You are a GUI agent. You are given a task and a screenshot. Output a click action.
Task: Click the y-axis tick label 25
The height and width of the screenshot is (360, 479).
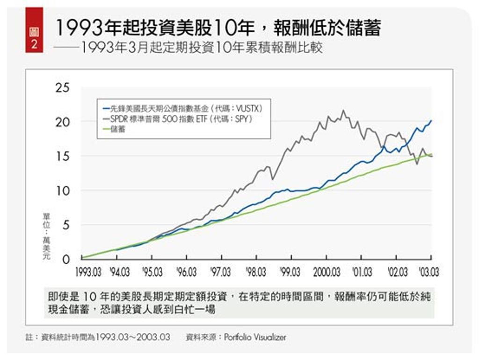click(62, 88)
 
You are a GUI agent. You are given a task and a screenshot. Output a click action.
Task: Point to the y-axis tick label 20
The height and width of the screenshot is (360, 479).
click(62, 122)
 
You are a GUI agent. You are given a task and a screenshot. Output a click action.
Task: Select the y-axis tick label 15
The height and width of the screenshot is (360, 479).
click(62, 157)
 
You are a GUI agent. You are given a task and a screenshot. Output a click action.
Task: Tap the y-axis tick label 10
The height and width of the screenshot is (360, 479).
click(62, 191)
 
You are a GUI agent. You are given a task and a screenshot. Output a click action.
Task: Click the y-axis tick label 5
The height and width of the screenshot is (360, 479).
click(65, 225)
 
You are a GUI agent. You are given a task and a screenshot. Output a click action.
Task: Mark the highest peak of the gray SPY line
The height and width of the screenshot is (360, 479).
click(343, 111)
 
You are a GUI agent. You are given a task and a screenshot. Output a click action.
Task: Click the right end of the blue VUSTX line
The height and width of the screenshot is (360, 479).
click(431, 121)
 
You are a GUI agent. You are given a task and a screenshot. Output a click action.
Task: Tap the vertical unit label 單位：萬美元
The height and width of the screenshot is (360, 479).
click(46, 236)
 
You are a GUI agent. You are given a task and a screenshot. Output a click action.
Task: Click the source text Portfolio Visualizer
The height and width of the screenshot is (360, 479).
click(255, 337)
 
